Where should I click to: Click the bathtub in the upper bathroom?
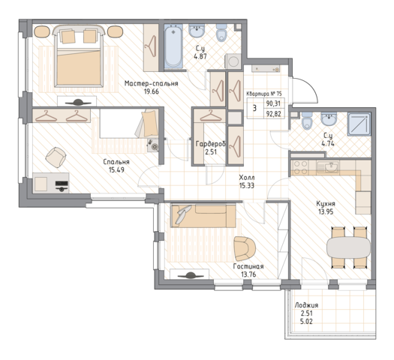(173, 46)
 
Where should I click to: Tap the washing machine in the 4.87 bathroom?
(234, 61)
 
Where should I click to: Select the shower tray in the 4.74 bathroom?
(359, 124)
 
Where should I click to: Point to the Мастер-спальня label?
(152, 83)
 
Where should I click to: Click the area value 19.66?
(152, 91)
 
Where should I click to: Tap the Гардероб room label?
(211, 144)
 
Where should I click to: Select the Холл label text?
(247, 178)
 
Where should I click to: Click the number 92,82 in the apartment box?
(273, 114)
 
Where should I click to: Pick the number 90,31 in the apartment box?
(273, 103)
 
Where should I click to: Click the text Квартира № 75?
(264, 94)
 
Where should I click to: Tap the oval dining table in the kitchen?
(348, 247)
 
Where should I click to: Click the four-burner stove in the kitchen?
(300, 167)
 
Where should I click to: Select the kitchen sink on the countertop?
(328, 167)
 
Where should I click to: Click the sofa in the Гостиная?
(203, 216)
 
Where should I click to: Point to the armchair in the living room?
(244, 248)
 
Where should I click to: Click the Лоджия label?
(306, 305)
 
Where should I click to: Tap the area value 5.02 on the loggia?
(306, 321)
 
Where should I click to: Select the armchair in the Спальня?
(56, 157)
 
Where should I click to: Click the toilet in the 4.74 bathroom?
(307, 121)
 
